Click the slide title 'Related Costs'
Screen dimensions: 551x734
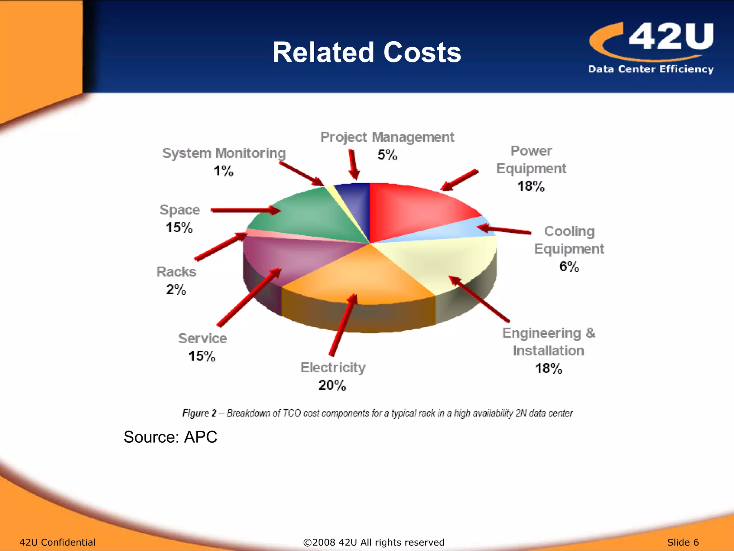point(367,52)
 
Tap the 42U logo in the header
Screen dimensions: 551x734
point(651,47)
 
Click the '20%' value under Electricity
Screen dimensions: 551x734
point(332,385)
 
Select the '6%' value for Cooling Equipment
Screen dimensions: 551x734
point(569,267)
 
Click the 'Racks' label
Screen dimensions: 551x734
point(176,272)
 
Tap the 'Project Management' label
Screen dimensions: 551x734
point(387,137)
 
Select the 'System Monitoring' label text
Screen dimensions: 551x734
point(224,153)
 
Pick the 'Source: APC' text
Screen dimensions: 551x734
point(170,437)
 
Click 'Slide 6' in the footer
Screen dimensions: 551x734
point(683,542)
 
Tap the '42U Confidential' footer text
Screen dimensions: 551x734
point(57,542)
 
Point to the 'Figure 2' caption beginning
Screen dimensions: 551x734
point(199,413)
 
